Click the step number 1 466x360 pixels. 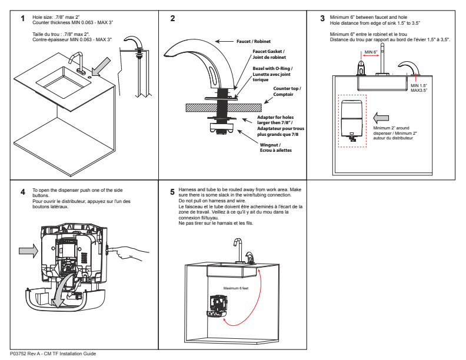coord(22,18)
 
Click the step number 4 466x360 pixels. coord(22,192)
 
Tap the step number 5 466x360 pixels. coord(172,192)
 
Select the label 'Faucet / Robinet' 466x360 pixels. coord(254,42)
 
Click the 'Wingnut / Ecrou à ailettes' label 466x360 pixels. coord(275,148)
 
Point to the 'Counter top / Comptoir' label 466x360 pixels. coord(287,92)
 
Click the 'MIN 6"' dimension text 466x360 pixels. coord(371,52)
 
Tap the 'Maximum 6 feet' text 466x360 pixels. coord(236,288)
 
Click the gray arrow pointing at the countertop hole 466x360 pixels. coord(101,67)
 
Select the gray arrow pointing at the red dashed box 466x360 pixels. coord(381,118)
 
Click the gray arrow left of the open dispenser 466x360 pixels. coord(28,251)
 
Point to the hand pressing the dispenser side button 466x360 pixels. coord(130,252)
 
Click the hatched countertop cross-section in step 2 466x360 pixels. coord(224,108)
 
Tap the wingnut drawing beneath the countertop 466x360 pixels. coord(222,128)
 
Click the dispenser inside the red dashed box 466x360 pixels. coord(352,121)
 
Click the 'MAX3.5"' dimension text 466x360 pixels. coord(419,91)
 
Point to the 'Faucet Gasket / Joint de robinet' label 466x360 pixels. coord(269,54)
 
